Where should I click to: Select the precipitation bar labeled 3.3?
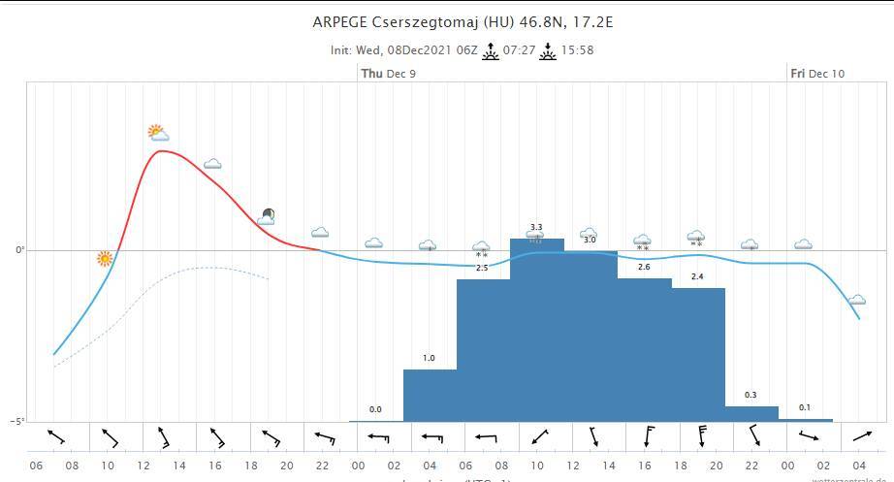pos(536,330)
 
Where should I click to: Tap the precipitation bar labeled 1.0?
pos(430,396)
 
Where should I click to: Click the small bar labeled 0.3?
pos(750,414)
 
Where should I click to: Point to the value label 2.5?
pos(482,268)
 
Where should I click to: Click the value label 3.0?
pos(590,240)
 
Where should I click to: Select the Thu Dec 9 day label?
pos(388,74)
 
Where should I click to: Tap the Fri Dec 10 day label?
pos(816,74)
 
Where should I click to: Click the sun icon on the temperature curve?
pos(105,259)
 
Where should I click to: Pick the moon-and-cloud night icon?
pos(267,216)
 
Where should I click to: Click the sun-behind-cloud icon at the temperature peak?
pos(158,133)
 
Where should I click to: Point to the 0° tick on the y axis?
pos(19,250)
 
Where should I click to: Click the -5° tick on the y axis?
pos(17,421)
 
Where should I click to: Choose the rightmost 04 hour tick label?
pos(859,466)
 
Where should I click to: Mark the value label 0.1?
pos(805,407)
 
